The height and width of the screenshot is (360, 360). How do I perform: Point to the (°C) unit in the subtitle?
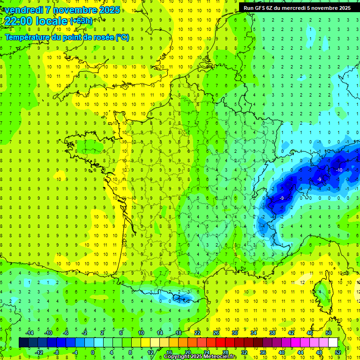[122, 37]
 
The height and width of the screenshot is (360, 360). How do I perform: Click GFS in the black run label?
[263, 8]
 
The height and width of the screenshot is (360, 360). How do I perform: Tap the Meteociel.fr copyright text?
[200, 357]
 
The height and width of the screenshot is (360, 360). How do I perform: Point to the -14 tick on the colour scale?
[29, 333]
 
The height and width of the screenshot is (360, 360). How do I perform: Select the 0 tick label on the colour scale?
[93, 352]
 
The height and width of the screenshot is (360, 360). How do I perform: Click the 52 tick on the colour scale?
[338, 352]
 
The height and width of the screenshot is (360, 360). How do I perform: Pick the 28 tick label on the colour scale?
[225, 352]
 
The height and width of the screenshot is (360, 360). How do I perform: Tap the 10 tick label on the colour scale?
[141, 333]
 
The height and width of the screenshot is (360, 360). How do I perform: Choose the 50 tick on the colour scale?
[328, 333]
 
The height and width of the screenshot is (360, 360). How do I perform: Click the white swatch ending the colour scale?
[333, 343]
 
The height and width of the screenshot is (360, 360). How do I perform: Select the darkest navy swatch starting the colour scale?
[23, 343]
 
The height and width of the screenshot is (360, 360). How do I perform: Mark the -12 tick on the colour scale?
[38, 352]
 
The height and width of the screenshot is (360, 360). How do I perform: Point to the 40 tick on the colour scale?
[282, 352]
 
